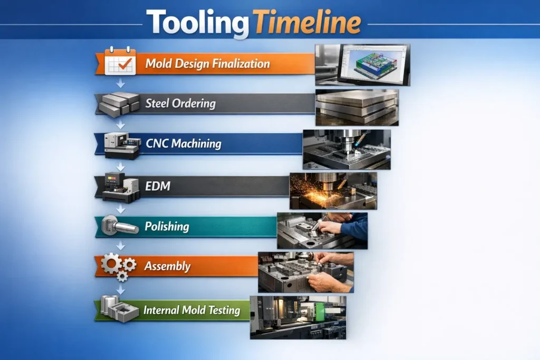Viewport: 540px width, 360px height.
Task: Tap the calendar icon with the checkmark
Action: coord(120,62)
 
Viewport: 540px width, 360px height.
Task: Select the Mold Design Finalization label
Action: coord(207,64)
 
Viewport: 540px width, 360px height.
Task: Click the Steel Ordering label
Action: coord(180,103)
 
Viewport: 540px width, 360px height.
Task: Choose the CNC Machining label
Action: coord(183,143)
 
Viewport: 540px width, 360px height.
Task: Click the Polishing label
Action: coord(167,227)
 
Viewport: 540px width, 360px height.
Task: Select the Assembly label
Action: coord(167,266)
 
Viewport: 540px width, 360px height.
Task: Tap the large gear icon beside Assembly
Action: coord(111,263)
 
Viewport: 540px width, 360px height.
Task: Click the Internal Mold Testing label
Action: coord(192,310)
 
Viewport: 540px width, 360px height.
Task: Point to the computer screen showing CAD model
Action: coord(373,63)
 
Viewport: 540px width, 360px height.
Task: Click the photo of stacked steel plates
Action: coord(356,108)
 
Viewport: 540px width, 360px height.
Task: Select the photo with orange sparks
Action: coord(333,191)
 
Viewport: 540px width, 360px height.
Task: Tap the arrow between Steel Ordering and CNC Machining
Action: coord(121,124)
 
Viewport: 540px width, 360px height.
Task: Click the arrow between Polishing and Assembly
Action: coord(121,246)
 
